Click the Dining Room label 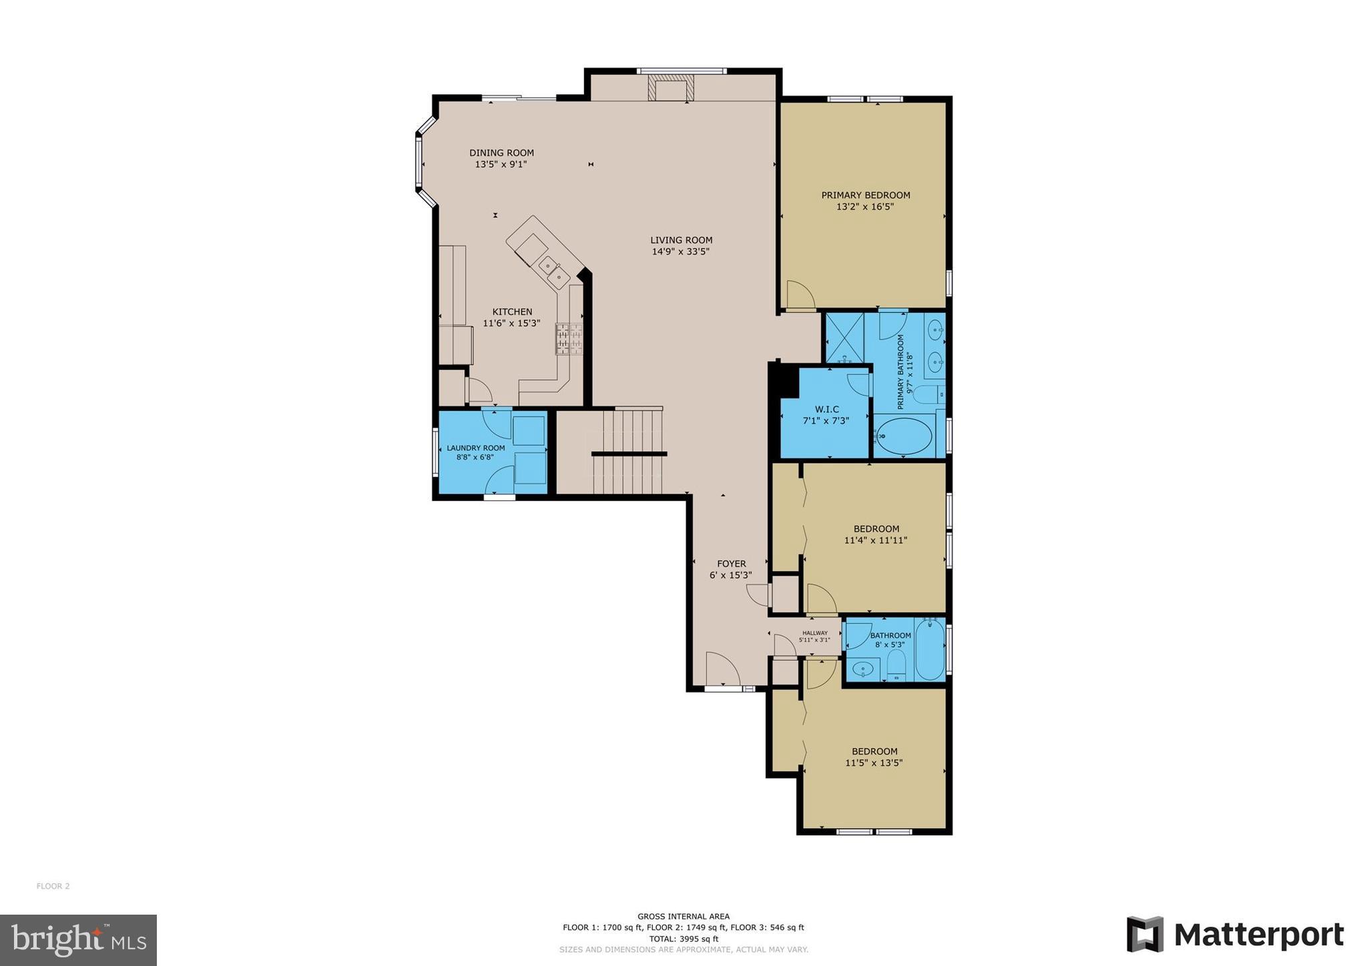(501, 153)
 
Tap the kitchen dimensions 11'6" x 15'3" (511, 324)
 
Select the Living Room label (681, 240)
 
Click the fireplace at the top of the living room (671, 88)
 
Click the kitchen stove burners (569, 339)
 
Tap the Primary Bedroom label (865, 195)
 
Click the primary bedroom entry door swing (799, 296)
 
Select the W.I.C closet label (826, 410)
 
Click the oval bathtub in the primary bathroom (904, 438)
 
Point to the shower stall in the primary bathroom (844, 338)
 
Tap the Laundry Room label (476, 448)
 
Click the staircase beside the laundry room (627, 452)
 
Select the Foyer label (732, 564)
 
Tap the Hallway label (814, 633)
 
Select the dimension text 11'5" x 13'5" (874, 763)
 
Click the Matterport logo (1235, 935)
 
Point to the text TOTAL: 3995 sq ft (683, 939)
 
